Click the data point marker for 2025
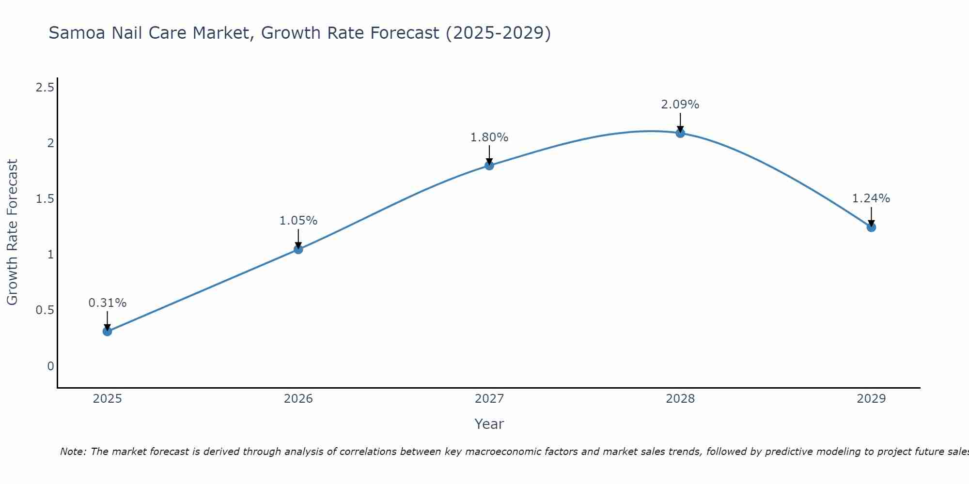[108, 331]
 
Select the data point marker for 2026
[298, 249]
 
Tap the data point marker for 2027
[489, 166]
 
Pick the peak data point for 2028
[680, 133]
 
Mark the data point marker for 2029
[871, 227]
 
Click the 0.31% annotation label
[108, 303]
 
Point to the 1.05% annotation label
[298, 221]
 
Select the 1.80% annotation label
[489, 137]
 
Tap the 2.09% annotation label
[680, 105]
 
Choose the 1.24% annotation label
[871, 198]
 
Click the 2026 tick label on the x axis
[298, 399]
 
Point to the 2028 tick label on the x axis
[680, 399]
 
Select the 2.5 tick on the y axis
[45, 88]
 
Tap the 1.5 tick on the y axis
[45, 199]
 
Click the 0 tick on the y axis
[50, 366]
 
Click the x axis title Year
[489, 424]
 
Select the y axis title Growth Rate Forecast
[12, 232]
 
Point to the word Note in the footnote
[73, 452]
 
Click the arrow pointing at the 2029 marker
[871, 216]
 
